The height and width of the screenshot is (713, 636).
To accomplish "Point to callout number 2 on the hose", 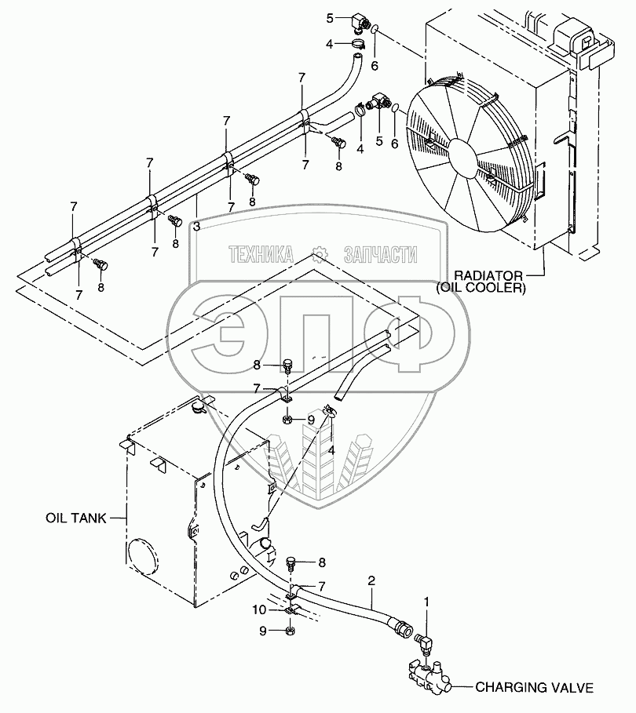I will [x=371, y=580].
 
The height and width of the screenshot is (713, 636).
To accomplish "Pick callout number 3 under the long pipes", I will [x=197, y=226].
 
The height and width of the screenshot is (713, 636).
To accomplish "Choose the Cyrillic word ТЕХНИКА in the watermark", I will [x=261, y=254].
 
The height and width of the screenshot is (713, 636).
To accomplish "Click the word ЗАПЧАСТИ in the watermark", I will [x=381, y=254].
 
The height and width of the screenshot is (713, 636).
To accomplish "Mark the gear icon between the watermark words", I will [x=319, y=254].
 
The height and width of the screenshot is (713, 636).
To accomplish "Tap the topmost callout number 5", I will [x=331, y=16].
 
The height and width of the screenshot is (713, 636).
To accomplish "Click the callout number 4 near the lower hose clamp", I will [x=331, y=449].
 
